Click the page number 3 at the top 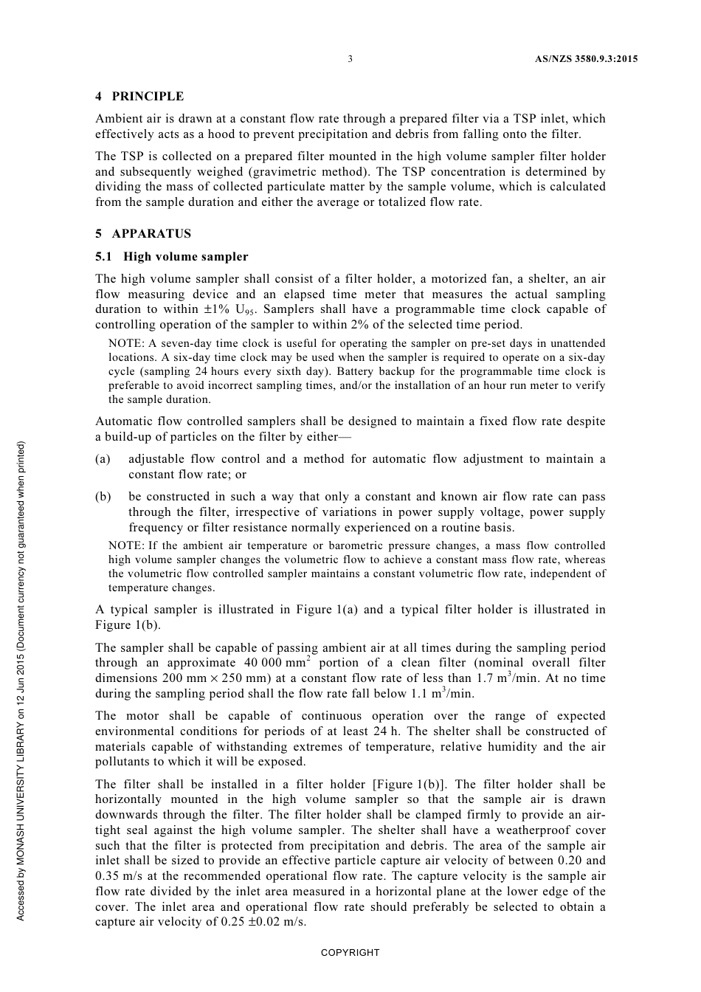coord(350,59)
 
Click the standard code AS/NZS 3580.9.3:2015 coord(586,59)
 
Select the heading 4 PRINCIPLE coord(139,96)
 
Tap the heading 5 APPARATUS coord(143,233)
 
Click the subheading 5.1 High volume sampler coord(172,256)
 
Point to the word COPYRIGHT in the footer coord(350,952)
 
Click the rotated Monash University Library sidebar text coord(21,679)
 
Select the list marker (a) coord(103,459)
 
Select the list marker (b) coord(103,497)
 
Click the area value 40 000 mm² coord(276,662)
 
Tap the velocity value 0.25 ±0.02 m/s coord(263,922)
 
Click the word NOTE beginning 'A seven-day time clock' coord(125,343)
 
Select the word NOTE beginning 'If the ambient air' coord(125,545)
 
